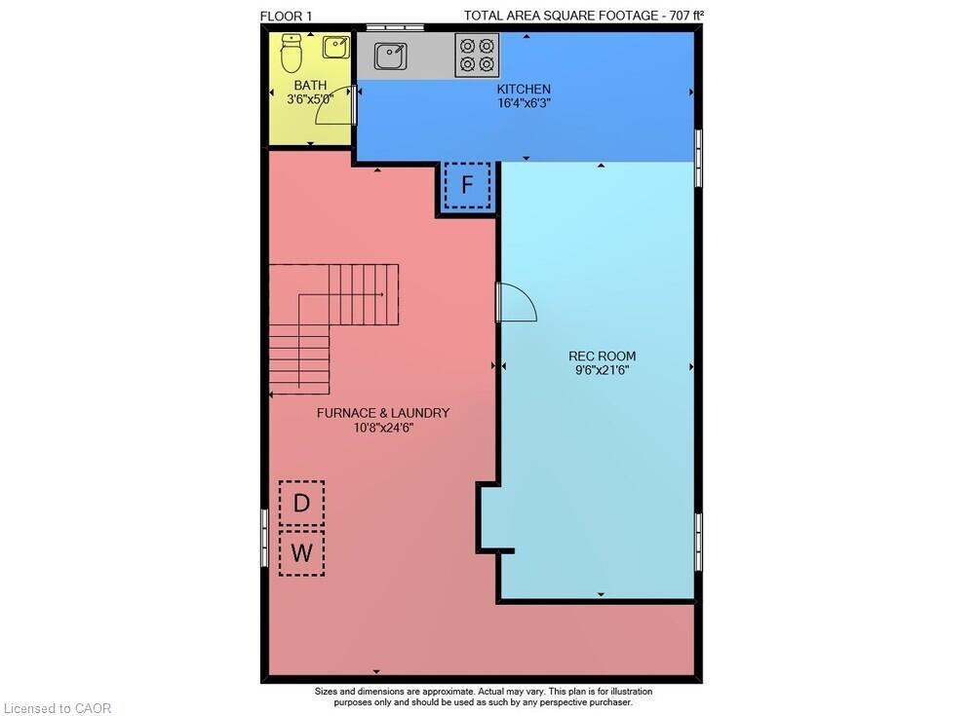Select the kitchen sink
391,57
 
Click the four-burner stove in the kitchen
477,55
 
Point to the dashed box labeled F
467,185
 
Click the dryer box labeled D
302,504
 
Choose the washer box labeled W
302,553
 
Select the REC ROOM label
602,356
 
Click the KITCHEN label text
525,89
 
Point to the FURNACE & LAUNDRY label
383,413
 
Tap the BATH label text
310,85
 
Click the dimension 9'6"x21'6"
602,370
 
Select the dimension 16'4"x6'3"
525,102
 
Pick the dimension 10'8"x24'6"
383,428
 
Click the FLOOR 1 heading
287,15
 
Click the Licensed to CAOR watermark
58,708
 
